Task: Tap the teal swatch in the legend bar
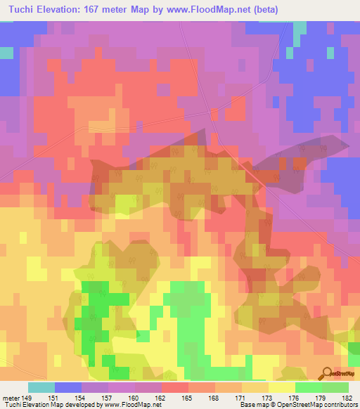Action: pyautogui.click(x=41, y=387)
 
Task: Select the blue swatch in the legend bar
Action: pyautogui.click(x=68, y=387)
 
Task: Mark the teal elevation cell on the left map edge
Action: pyautogui.click(x=6, y=53)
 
